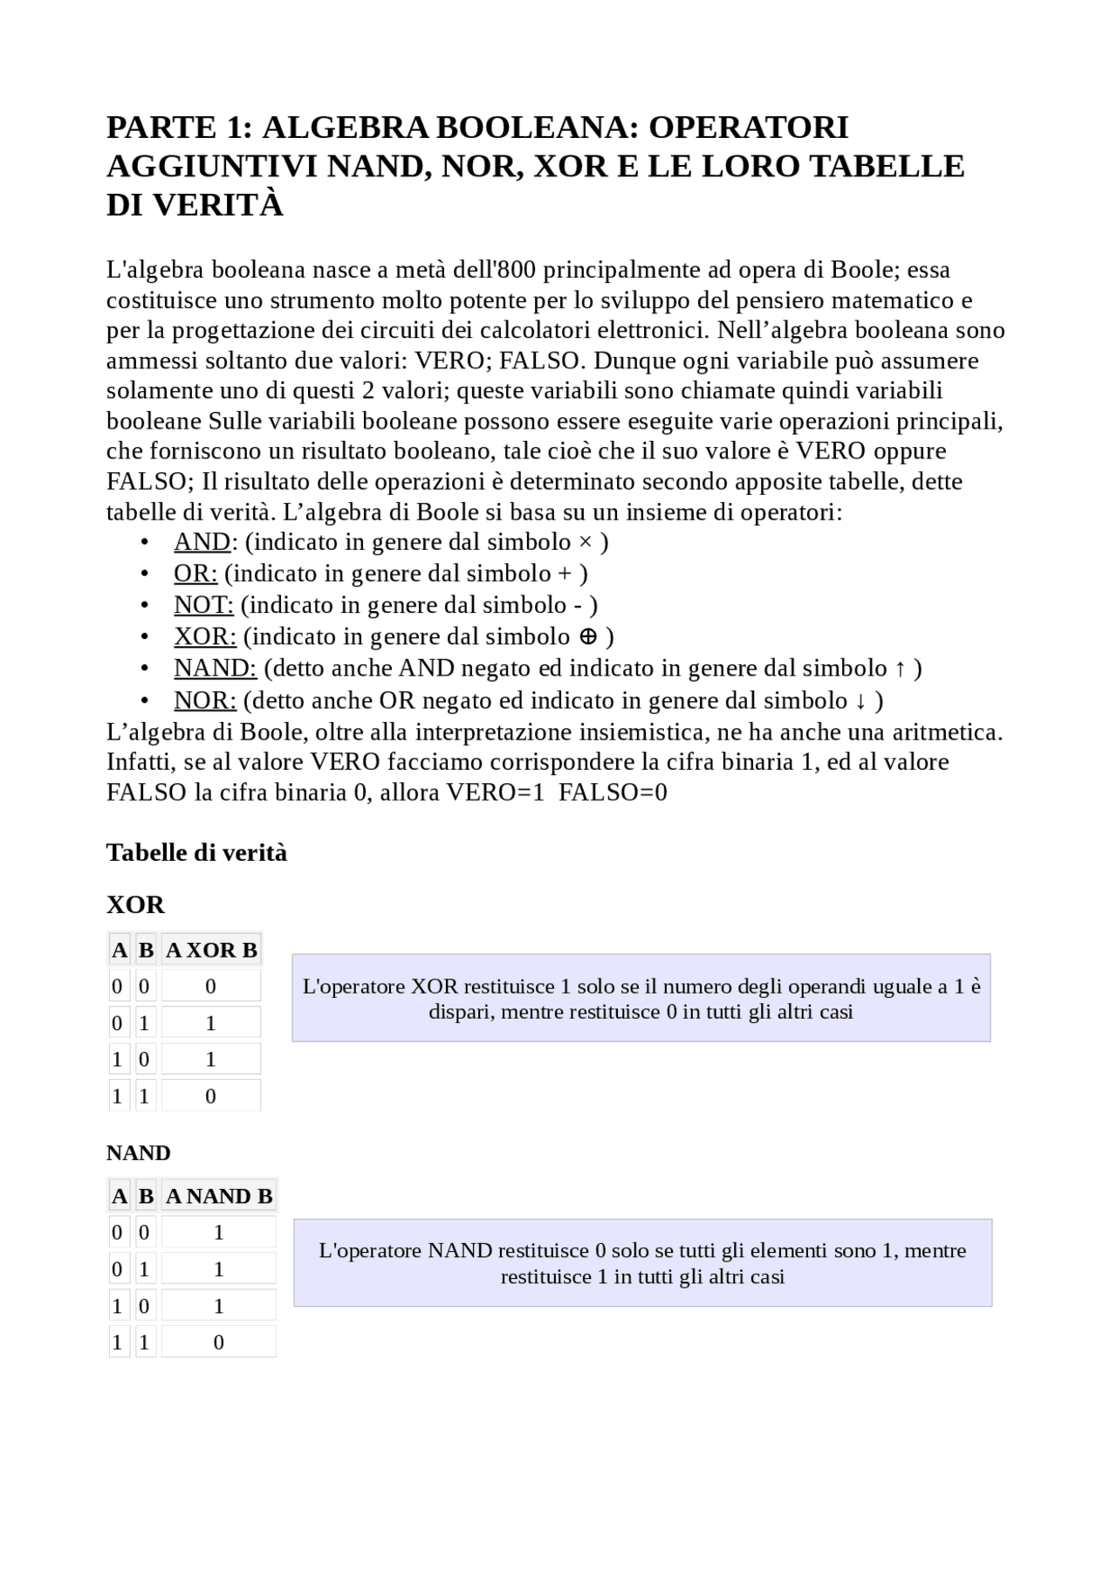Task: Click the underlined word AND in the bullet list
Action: pos(202,542)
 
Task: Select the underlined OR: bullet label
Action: pos(195,574)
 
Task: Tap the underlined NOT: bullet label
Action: pos(203,605)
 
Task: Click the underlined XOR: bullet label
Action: pos(205,636)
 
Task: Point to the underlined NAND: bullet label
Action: pos(215,669)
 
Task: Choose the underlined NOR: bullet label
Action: pos(205,700)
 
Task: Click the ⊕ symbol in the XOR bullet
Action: pos(589,636)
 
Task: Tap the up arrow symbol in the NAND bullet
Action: pos(901,669)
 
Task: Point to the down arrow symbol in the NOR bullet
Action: pos(861,701)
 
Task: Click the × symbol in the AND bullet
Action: pos(586,543)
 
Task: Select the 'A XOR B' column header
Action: pos(211,950)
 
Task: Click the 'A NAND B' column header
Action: pos(219,1196)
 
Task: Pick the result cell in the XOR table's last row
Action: pos(210,1096)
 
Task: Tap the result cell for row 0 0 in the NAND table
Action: pos(218,1233)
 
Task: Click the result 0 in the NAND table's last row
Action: pos(218,1343)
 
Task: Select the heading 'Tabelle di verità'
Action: pos(196,853)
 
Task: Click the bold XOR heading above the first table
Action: pos(135,904)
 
